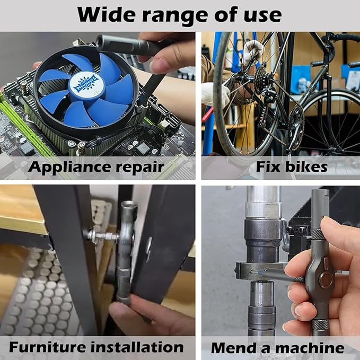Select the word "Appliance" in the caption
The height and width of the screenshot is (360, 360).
click(x=75, y=167)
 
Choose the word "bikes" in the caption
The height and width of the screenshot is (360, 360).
click(x=308, y=167)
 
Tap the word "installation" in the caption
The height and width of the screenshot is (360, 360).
click(x=139, y=347)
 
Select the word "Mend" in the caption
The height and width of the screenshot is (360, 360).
click(x=233, y=348)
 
